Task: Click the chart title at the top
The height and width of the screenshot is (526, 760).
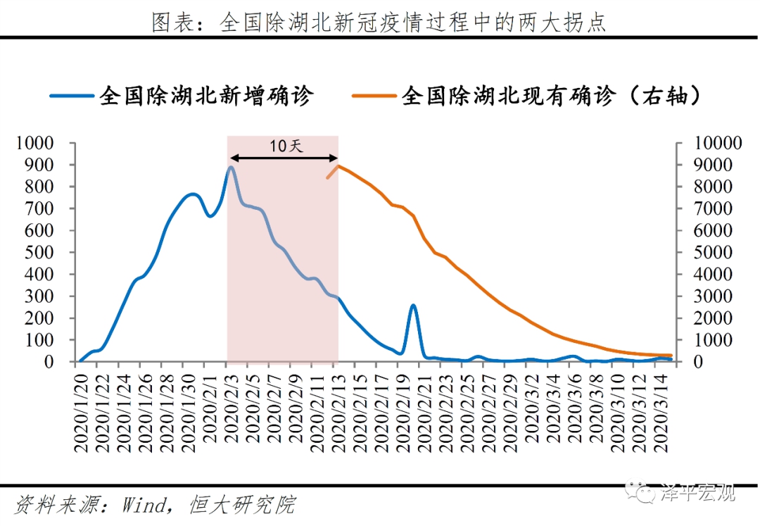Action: pos(379,23)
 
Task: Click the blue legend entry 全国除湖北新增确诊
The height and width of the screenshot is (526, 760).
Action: pos(182,96)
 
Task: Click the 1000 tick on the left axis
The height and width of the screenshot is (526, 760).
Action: pos(35,144)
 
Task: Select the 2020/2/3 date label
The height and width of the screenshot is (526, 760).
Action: pos(229,413)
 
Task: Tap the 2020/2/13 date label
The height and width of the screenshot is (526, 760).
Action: pos(336,413)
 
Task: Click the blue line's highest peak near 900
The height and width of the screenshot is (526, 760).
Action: pos(230,167)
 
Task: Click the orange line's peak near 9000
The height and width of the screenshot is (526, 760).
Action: pos(338,165)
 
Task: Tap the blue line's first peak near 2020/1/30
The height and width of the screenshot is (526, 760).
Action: pos(192,194)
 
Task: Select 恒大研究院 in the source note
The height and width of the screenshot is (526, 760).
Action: pos(241,504)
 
